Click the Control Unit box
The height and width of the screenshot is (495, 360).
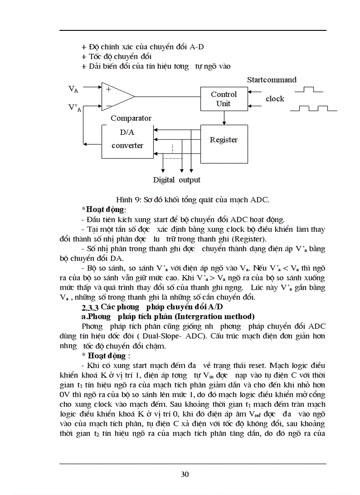tap(224, 99)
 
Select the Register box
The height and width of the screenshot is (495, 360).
tap(224, 140)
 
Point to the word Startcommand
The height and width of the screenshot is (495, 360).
tap(272, 80)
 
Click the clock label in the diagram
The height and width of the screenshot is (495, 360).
tap(275, 99)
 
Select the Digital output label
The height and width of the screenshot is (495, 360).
tap(176, 180)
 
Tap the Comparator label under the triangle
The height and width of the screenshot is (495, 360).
tap(131, 118)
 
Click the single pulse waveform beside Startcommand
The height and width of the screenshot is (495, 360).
tap(308, 90)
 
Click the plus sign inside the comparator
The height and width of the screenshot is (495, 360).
tap(108, 89)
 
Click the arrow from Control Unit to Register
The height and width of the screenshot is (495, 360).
tap(224, 118)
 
